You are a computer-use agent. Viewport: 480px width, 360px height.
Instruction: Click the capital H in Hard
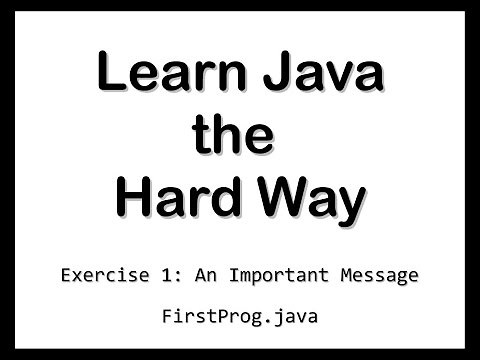(x=134, y=199)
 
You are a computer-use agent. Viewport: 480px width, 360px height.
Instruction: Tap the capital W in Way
(x=284, y=199)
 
